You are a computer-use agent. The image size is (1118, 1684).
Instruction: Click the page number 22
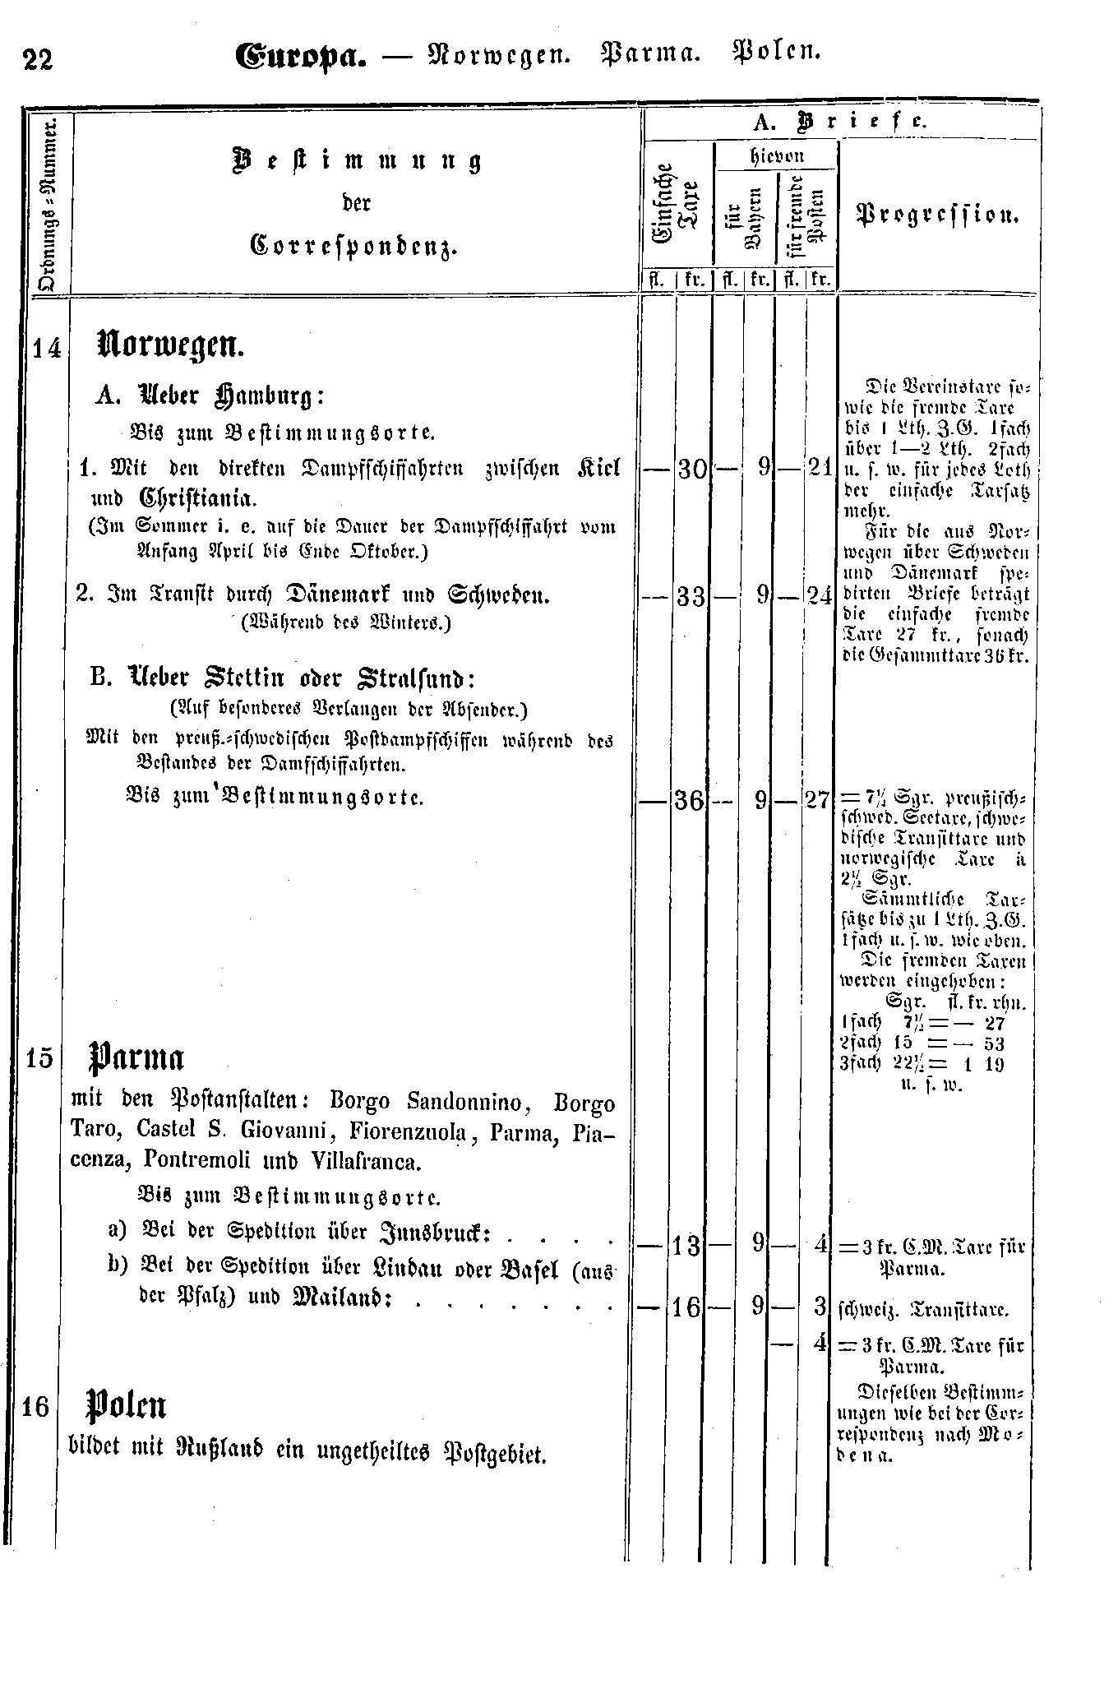[x=38, y=60]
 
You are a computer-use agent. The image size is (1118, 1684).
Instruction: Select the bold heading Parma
[x=136, y=1057]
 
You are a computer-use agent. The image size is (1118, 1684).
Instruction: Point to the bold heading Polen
[x=127, y=1407]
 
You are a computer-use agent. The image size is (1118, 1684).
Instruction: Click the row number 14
[x=47, y=349]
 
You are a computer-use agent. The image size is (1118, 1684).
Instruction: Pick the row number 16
[x=36, y=1408]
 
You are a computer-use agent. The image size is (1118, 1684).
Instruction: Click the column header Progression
[x=939, y=216]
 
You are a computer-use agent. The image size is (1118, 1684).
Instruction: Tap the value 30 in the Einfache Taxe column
[x=691, y=470]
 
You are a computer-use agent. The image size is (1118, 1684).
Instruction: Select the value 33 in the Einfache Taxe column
[x=691, y=595]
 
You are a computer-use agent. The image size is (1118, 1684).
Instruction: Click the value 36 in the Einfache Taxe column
[x=691, y=799]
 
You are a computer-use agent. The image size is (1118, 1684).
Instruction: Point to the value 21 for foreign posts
[x=819, y=470]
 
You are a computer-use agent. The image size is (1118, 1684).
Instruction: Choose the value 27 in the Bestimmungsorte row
[x=818, y=799]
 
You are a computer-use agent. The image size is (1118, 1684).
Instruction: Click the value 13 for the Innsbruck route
[x=688, y=1247]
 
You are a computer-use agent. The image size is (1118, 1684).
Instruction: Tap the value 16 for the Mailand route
[x=688, y=1307]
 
